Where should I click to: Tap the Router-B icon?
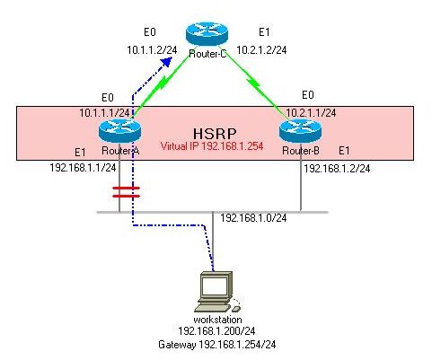coord(297,131)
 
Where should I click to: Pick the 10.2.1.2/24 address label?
coord(260,52)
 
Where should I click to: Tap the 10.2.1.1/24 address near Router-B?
coord(312,113)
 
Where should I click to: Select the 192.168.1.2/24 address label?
coord(336,167)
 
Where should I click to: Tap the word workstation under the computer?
coord(217,320)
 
